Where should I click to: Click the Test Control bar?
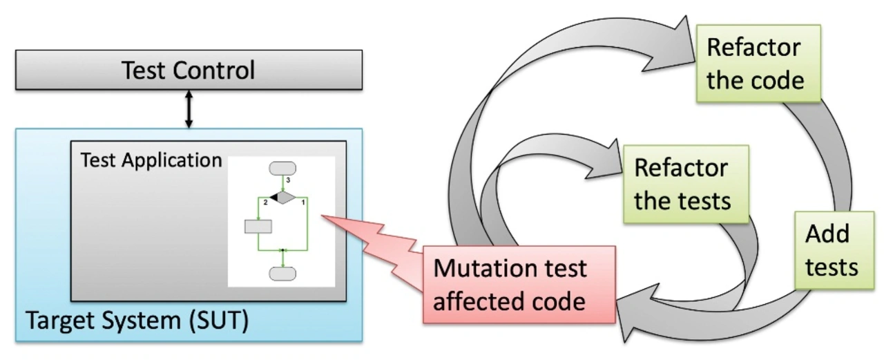pos(189,70)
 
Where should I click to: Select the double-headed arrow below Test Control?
pos(189,109)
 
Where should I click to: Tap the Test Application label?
pos(151,160)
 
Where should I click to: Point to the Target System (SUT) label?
pos(137,321)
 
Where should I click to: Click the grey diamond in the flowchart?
pos(282,198)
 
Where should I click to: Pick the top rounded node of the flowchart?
pos(282,168)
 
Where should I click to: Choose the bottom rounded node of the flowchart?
pos(282,274)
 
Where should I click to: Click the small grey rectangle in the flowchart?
pos(258,226)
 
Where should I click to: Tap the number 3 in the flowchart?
pos(288,180)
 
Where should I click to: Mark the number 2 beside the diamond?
pos(266,202)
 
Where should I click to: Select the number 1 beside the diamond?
pos(303,202)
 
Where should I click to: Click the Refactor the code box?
pos(758,64)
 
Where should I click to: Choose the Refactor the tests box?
pos(686,184)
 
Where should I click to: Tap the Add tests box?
pos(834,250)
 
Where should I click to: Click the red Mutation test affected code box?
pos(519,285)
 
